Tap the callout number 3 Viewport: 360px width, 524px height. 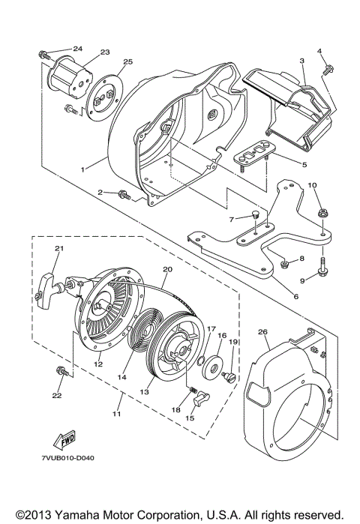click(x=301, y=60)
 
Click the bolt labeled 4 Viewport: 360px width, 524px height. click(x=327, y=70)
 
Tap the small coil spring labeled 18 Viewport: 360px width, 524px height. click(x=193, y=390)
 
